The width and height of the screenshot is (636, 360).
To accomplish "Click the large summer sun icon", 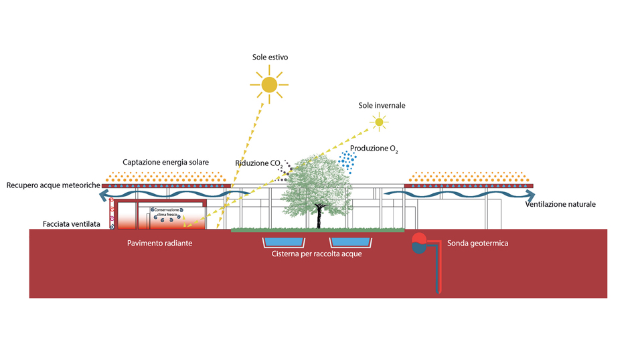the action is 269,85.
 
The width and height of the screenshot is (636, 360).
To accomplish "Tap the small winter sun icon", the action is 379,122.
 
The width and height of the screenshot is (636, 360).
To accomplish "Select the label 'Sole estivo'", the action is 270,57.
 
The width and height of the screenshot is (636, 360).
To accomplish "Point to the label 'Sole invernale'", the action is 382,106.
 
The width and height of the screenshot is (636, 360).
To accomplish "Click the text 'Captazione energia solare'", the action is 166,162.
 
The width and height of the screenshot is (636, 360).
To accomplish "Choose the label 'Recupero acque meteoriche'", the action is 53,185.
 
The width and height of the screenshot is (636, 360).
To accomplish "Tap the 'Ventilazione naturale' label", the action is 560,204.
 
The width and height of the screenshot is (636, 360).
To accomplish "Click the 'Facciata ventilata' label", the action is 72,223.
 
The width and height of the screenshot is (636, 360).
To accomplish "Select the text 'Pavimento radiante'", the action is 160,244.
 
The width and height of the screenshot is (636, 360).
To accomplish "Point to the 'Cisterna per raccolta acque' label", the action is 317,254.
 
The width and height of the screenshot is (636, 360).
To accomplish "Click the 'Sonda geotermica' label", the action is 478,244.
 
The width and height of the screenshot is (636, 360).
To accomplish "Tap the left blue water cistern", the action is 284,242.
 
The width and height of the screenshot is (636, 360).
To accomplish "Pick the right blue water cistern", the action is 350,242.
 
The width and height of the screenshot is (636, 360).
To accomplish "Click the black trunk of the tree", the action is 319,217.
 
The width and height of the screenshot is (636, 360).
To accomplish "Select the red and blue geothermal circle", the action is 419,244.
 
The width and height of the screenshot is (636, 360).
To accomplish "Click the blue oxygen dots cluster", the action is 347,162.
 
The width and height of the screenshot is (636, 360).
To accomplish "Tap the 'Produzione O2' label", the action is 374,149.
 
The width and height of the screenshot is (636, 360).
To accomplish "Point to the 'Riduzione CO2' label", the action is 259,163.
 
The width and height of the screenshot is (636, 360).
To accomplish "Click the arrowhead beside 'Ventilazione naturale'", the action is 530,196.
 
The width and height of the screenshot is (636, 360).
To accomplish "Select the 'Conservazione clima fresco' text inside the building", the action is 167,212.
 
